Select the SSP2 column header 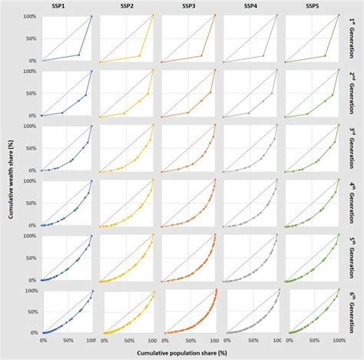[127, 6]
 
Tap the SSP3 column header [189, 6]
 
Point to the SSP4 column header [250, 6]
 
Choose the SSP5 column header [311, 6]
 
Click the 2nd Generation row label [353, 93]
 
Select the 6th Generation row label [353, 313]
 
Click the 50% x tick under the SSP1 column [68, 339]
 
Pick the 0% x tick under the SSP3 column [168, 339]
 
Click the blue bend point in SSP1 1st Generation [79, 54]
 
